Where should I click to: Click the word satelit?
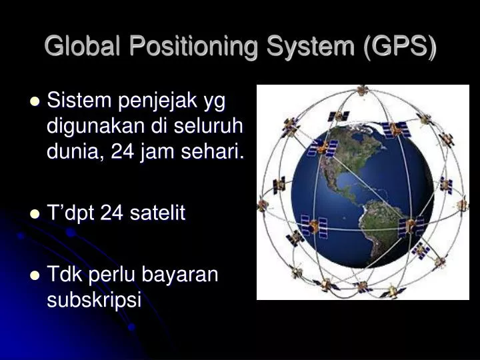point(159,213)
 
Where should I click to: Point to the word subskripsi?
point(95,299)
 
